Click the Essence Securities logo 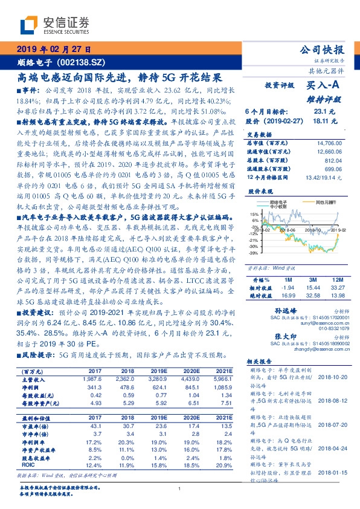click(x=54, y=25)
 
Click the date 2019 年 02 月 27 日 click(x=54, y=49)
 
